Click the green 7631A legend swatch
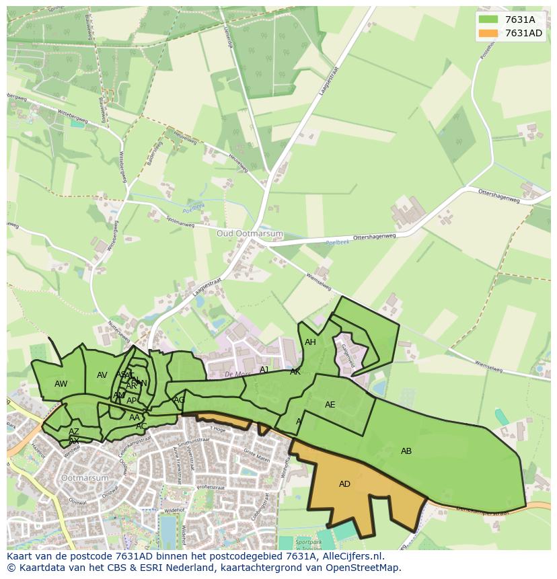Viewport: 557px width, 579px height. pyautogui.click(x=488, y=20)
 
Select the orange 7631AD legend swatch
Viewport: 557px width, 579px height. pyautogui.click(x=488, y=33)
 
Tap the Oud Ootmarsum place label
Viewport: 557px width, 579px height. pyautogui.click(x=250, y=233)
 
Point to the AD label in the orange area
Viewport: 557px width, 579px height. pyautogui.click(x=344, y=484)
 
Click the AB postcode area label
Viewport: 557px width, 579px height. pyautogui.click(x=406, y=451)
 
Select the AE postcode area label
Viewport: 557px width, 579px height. pyautogui.click(x=330, y=405)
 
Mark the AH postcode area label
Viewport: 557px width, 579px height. pyautogui.click(x=310, y=342)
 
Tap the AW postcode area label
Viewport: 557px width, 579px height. pyautogui.click(x=61, y=384)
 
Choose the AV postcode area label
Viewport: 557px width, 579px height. pyautogui.click(x=102, y=375)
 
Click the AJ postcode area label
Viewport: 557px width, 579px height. pyautogui.click(x=264, y=370)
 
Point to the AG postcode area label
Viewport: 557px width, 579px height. pyautogui.click(x=179, y=400)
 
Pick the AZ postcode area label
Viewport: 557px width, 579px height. pyautogui.click(x=74, y=432)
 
